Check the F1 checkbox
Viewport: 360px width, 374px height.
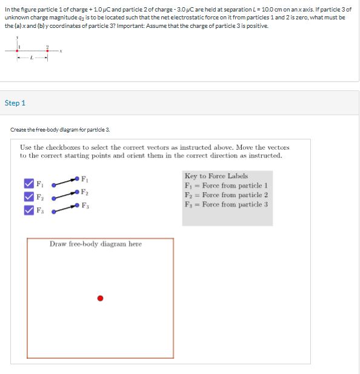[x=28, y=183]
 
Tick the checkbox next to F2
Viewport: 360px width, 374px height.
[x=28, y=196]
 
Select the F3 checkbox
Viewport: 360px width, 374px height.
[x=28, y=210]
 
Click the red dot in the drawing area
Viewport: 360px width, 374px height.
[x=101, y=298]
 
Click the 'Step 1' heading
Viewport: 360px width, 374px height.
[x=15, y=103]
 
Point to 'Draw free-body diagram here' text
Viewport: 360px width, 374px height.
[x=96, y=244]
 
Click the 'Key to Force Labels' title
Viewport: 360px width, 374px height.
[x=216, y=176]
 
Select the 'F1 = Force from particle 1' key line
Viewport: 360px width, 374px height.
[x=226, y=185]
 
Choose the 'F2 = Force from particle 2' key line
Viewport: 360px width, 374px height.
[x=226, y=195]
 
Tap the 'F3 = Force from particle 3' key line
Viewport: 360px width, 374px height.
[x=226, y=204]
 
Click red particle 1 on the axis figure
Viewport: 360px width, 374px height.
[x=18, y=51]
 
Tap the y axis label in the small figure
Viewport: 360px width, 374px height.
[x=18, y=38]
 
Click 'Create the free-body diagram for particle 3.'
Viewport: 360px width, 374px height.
[x=61, y=130]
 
